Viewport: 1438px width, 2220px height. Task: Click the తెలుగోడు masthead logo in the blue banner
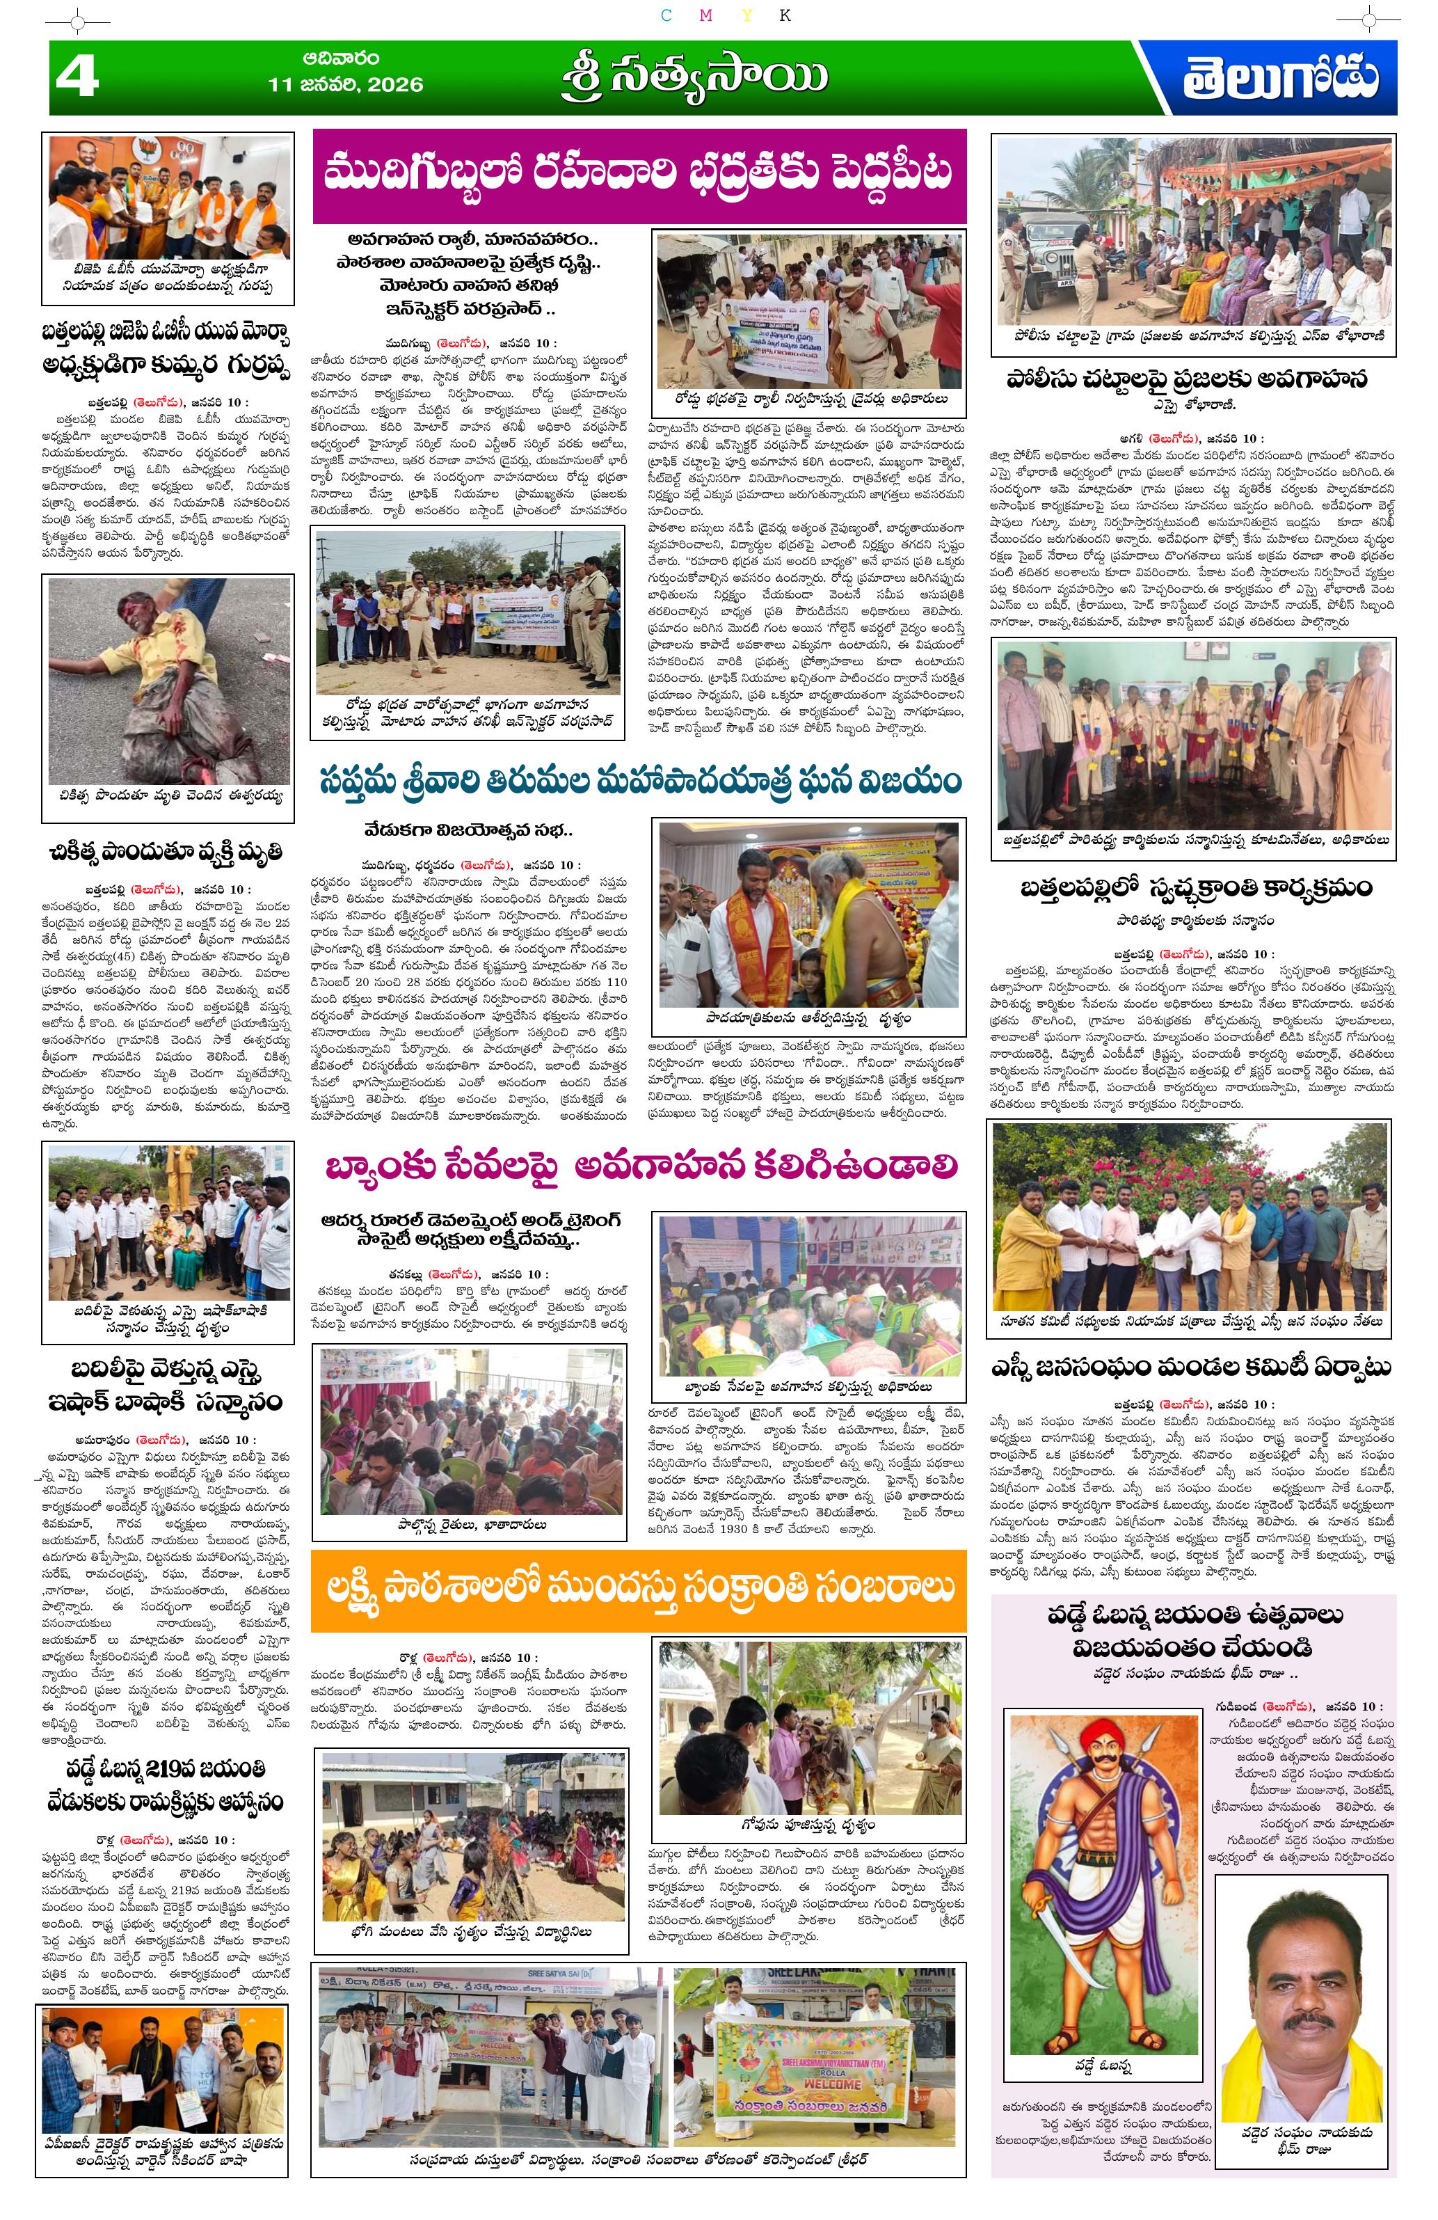pos(1280,79)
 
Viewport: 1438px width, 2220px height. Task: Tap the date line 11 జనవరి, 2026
pos(345,85)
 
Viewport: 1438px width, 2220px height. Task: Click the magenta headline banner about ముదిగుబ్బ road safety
pos(639,175)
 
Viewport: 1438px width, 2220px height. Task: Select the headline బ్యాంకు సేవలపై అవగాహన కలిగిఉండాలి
pos(639,1166)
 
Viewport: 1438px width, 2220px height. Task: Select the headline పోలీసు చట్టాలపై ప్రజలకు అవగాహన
pos(1192,379)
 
